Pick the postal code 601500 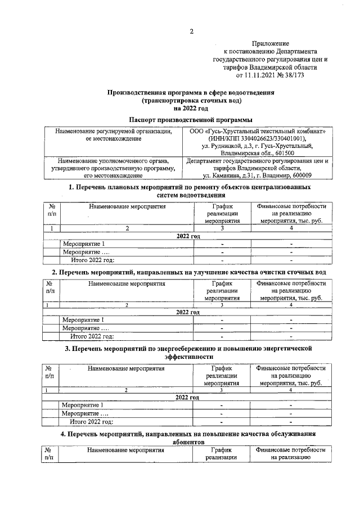[x=282, y=153]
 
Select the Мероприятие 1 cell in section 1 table [x=84, y=244]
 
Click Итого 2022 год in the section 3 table [x=92, y=421]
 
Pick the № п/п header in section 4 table [x=50, y=454]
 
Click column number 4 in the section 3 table [x=290, y=390]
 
